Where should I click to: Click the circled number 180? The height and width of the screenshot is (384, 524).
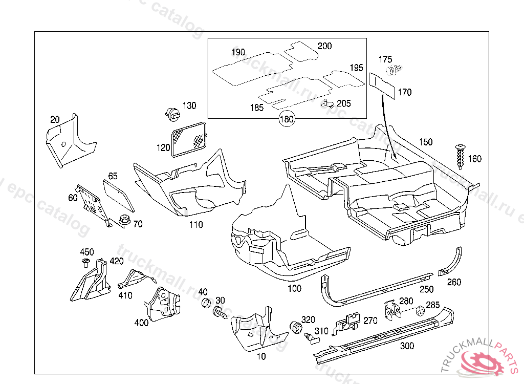pos(287,119)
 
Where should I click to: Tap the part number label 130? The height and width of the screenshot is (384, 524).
pos(189,106)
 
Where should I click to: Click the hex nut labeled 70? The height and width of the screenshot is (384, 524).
pos(123,221)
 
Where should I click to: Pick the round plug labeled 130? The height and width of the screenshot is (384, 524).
pos(172,113)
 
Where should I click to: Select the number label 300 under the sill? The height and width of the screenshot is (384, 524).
pos(407,347)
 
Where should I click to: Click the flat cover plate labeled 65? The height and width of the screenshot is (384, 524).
pos(118,195)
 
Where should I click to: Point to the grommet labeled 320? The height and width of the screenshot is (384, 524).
pos(295,327)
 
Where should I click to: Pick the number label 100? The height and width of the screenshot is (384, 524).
pos(295,289)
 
